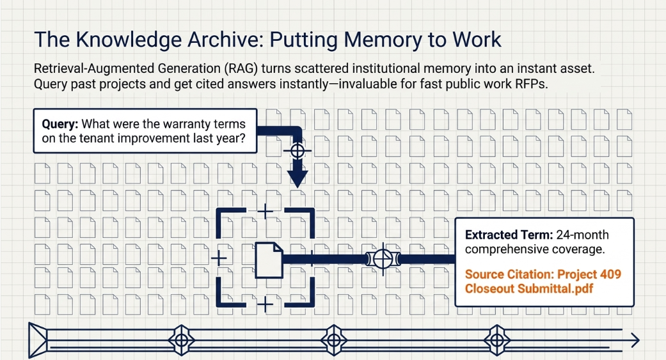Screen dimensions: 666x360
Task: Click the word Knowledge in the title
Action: coord(127,40)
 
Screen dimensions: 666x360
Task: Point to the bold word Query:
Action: coord(60,125)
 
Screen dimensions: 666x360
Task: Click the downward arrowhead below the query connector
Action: coord(297,178)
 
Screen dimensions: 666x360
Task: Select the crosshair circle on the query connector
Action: coord(297,150)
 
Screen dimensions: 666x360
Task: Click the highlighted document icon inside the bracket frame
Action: coord(269,260)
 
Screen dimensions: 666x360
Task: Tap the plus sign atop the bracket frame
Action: coord(266,210)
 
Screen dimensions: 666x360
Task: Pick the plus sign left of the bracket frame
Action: coord(219,258)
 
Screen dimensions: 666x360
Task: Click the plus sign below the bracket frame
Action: coord(266,304)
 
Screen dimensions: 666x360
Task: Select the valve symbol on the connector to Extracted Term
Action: coord(383,258)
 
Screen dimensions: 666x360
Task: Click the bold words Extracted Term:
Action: coord(509,235)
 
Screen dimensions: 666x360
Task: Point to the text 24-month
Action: coord(582,235)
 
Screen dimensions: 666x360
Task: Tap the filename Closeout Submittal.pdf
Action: coord(529,288)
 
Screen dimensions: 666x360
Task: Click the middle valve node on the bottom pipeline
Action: coord(334,340)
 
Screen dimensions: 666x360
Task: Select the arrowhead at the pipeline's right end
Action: coord(635,340)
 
